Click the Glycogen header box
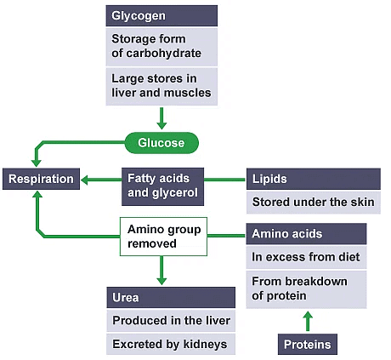(161, 15)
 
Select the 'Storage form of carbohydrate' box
(161, 46)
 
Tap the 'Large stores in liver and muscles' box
(161, 87)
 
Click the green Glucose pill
(161, 143)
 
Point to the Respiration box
(40, 180)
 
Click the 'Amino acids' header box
(306, 234)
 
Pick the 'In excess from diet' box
(306, 257)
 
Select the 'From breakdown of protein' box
(306, 289)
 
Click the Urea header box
(170, 298)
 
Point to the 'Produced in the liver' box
(170, 321)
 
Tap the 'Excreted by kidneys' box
(170, 345)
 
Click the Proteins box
(308, 344)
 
